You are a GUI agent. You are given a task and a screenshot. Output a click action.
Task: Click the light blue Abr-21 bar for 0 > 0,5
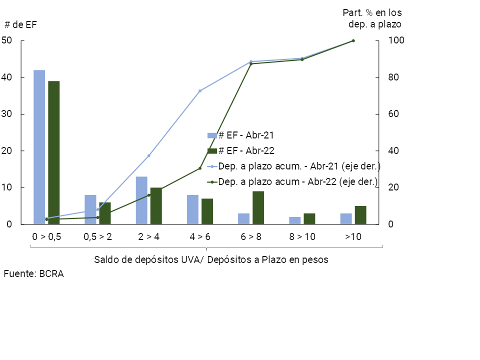pos(39,147)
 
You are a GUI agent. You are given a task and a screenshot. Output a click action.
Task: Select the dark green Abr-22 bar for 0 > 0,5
pos(53,152)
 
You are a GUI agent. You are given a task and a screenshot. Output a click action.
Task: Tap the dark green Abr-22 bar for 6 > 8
pos(258,207)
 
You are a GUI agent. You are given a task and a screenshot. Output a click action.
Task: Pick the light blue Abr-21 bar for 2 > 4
pos(141,200)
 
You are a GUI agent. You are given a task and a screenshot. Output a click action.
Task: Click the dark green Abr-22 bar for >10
pos(360,215)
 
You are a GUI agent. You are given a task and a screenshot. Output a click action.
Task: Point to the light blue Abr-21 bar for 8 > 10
pos(295,220)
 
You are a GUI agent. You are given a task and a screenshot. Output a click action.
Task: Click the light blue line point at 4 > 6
pos(200,91)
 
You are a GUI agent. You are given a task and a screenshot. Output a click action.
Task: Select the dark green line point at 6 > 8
pos(251,63)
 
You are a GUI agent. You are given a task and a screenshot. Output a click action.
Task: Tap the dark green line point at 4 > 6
pos(200,168)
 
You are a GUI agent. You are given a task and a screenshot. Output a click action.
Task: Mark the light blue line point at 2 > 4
pos(148,155)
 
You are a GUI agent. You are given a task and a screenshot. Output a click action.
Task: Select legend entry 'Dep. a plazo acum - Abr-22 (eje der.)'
pos(298,182)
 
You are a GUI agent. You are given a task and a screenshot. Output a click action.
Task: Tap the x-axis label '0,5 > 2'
pos(97,237)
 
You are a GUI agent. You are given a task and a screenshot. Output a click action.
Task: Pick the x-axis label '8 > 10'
pos(302,237)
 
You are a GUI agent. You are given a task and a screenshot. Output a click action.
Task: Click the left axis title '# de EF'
pos(20,24)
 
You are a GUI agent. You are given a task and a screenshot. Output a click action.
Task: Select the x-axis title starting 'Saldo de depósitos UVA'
pos(211,260)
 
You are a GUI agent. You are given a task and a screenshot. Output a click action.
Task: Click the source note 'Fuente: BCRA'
pos(34,274)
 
